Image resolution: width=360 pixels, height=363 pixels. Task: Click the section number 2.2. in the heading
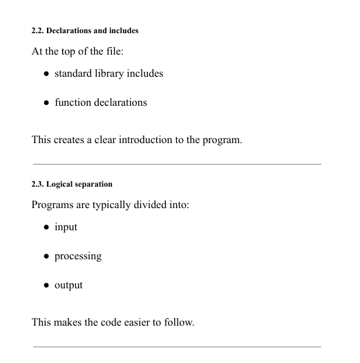pos(39,30)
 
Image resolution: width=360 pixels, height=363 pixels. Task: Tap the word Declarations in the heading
pos(70,30)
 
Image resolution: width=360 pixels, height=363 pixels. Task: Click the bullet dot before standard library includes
pos(45,74)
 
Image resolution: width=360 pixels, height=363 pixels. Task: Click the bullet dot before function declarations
pos(45,103)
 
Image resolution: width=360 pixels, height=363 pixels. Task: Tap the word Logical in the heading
pos(61,184)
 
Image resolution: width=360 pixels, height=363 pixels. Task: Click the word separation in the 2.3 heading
pos(95,184)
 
